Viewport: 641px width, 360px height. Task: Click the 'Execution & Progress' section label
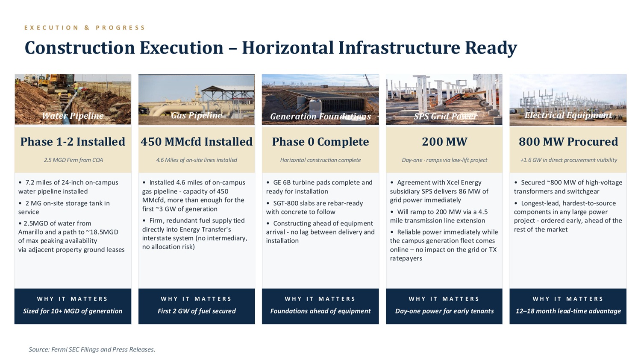click(85, 28)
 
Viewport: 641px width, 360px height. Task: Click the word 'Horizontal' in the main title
click(288, 47)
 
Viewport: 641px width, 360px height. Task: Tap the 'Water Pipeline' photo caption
click(73, 116)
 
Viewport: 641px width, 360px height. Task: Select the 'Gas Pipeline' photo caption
click(196, 115)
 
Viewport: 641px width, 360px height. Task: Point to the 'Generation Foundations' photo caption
click(320, 117)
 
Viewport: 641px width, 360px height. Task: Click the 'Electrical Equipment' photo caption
click(568, 115)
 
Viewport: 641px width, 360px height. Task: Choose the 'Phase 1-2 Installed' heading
click(73, 141)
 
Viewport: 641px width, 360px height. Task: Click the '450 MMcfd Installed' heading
click(197, 141)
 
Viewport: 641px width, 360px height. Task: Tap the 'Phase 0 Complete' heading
click(320, 141)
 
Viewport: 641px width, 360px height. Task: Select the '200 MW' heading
click(444, 141)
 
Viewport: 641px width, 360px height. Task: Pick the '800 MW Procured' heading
click(568, 141)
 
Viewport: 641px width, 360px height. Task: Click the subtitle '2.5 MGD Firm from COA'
click(73, 160)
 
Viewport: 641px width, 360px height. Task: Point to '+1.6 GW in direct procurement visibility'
click(569, 160)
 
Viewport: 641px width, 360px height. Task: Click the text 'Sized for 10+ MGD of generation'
click(73, 311)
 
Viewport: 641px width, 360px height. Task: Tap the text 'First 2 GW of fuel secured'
click(197, 311)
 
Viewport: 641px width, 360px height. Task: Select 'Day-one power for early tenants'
click(444, 311)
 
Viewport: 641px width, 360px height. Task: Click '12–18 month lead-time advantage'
click(568, 311)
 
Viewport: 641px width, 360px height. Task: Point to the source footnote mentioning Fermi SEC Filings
click(92, 349)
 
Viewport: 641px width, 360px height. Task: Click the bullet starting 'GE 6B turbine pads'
click(319, 187)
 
